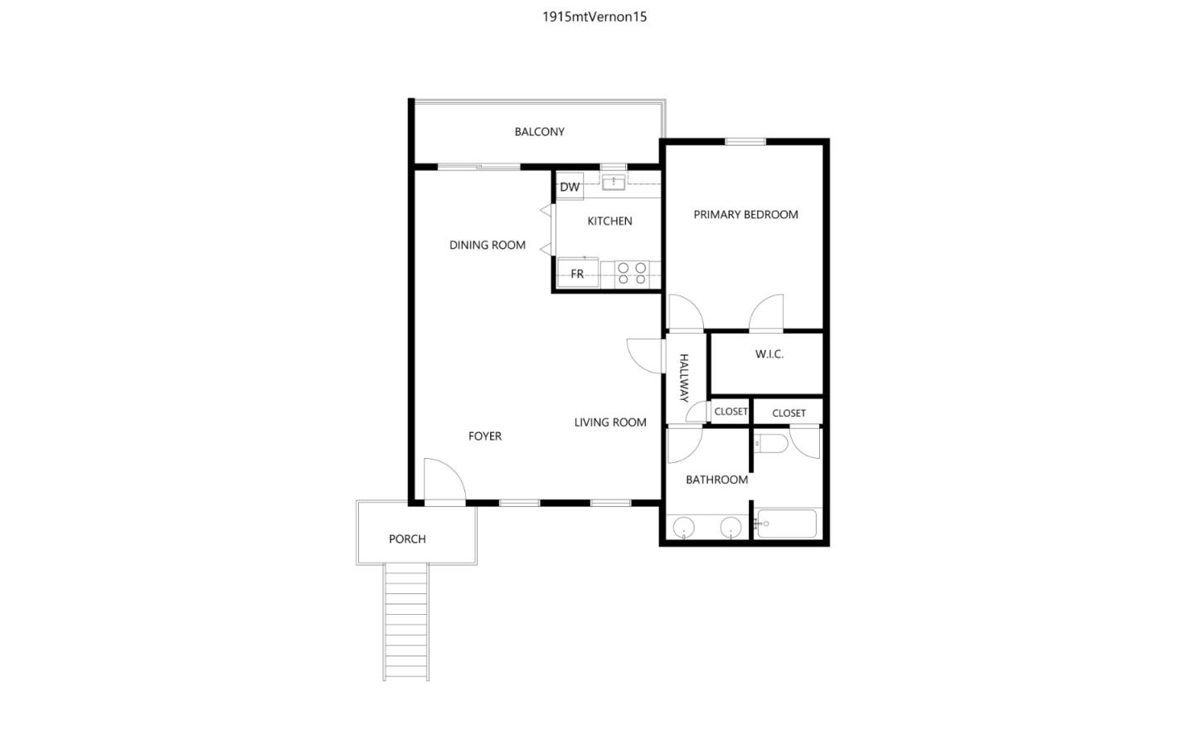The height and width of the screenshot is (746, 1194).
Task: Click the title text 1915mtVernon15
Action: [x=595, y=17]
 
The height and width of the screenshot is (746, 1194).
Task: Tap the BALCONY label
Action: [x=539, y=132]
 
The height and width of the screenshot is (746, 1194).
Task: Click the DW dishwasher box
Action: [x=570, y=187]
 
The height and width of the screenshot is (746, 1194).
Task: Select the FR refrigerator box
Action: [x=577, y=273]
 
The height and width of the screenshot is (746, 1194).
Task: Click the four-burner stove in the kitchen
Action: [x=632, y=273]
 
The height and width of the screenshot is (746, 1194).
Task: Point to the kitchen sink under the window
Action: [x=613, y=183]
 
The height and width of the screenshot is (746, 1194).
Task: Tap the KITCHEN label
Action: [x=609, y=221]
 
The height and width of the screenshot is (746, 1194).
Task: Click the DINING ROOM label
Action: [x=488, y=245]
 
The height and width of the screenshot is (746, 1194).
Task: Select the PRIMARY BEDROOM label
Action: [x=745, y=214]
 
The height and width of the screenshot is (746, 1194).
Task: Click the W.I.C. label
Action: [x=769, y=354]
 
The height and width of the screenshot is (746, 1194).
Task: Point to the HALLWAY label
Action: [x=684, y=378]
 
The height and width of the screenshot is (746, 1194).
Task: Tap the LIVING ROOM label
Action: [x=610, y=422]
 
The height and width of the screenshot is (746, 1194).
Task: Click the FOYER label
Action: [x=485, y=436]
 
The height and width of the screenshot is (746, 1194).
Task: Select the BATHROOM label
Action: [x=716, y=480]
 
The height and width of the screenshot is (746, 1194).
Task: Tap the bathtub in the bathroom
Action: [x=787, y=524]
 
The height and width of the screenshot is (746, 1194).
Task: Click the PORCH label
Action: [x=407, y=539]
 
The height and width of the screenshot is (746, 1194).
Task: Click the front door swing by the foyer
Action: [x=443, y=481]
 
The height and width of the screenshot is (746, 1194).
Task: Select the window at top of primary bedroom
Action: [x=745, y=142]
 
